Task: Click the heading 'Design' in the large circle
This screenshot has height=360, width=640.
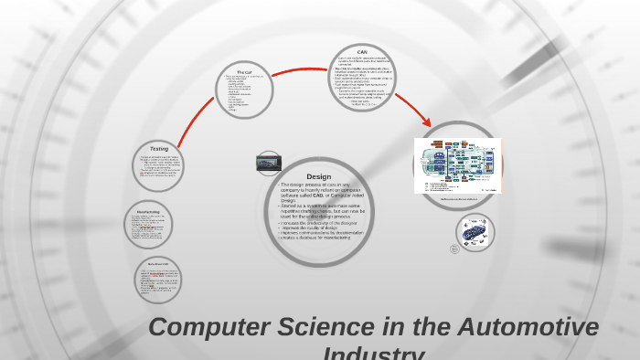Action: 318,176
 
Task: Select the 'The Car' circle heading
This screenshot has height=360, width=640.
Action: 244,71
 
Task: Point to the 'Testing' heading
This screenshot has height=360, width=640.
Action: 159,148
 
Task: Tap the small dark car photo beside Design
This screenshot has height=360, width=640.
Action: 267,163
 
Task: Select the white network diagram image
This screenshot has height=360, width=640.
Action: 457,164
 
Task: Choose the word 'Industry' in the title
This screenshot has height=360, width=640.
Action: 374,354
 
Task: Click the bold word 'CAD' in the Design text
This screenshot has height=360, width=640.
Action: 315,194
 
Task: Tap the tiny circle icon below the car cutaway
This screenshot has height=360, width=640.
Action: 454,249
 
